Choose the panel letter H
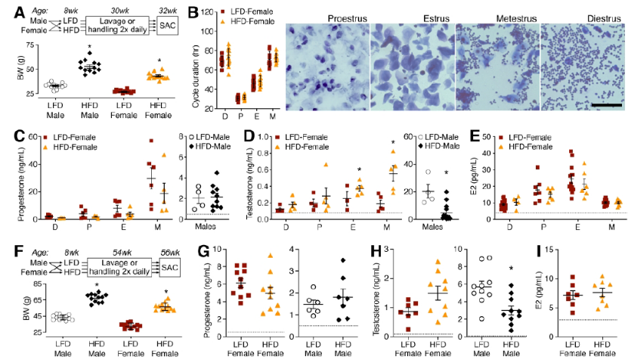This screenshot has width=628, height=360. tap(351, 251)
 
